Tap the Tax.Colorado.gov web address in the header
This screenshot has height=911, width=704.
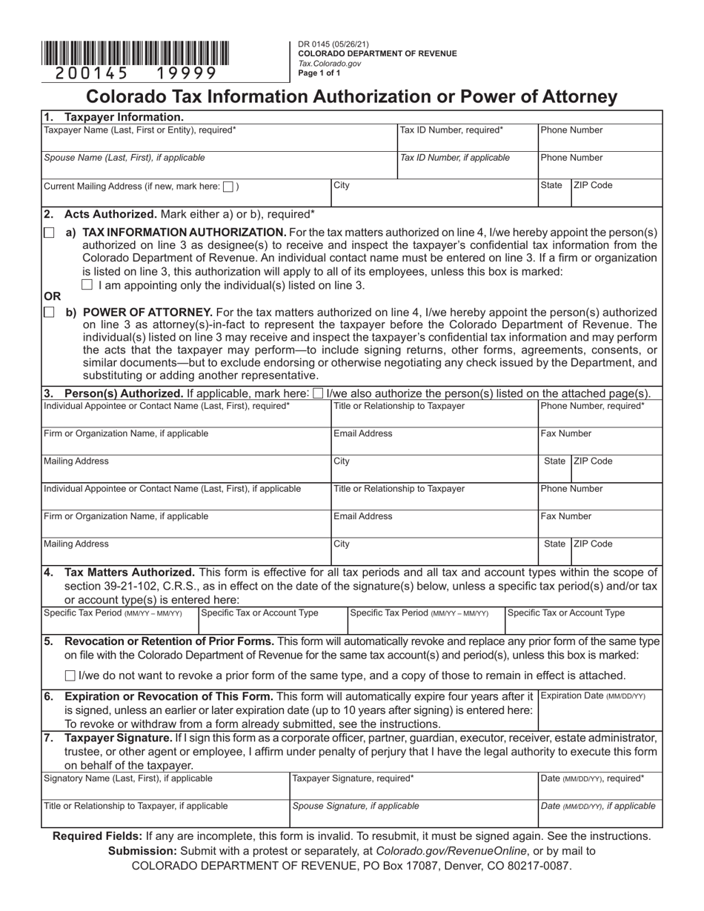pos(330,64)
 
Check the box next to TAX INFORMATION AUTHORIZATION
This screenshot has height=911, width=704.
pos(49,233)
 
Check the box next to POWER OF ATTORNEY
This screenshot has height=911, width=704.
pos(49,313)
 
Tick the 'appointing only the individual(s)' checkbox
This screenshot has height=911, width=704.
pos(87,284)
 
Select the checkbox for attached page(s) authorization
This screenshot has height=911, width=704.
pos(318,393)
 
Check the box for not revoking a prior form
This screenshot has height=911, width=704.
pos(70,675)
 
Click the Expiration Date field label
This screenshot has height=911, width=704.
pos(593,696)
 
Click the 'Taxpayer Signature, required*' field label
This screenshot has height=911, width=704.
pos(353,778)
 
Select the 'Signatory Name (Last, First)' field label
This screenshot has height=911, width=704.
pos(128,778)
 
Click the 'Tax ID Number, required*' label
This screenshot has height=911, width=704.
pos(451,130)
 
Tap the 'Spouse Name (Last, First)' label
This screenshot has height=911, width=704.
pos(124,158)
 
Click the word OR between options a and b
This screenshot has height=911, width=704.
pos(52,296)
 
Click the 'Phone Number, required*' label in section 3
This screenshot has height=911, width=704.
pos(593,406)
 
